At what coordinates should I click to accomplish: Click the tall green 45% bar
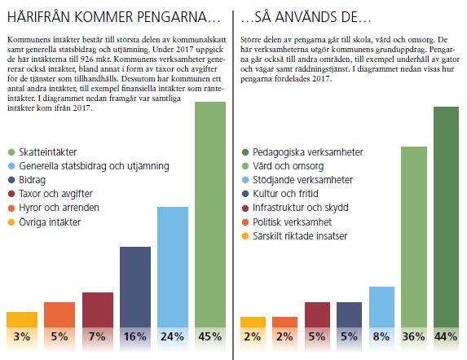[210, 214]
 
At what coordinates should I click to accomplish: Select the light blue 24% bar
[173, 267]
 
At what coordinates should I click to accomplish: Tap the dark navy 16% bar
[135, 288]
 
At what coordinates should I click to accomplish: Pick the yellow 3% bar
[22, 319]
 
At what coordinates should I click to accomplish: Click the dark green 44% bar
[446, 217]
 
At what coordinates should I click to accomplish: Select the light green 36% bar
[414, 237]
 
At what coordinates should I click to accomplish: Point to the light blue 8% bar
[381, 307]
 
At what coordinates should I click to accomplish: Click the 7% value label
[97, 336]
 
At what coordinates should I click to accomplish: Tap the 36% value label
[414, 336]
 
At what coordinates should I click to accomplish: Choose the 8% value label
[381, 336]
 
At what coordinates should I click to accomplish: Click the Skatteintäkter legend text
[48, 152]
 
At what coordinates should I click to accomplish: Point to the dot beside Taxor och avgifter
[11, 194]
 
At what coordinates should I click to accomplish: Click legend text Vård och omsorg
[289, 166]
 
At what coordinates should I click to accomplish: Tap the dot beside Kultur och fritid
[245, 194]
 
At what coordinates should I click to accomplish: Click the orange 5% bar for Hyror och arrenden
[59, 314]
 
